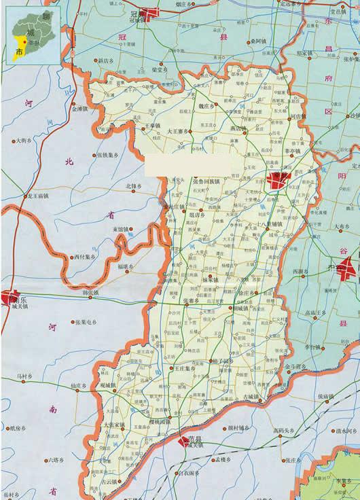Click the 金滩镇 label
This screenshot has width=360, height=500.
79,108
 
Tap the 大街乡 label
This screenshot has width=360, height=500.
23,141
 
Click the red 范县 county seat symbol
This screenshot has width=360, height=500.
185,442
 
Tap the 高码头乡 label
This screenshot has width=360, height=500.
283,430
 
